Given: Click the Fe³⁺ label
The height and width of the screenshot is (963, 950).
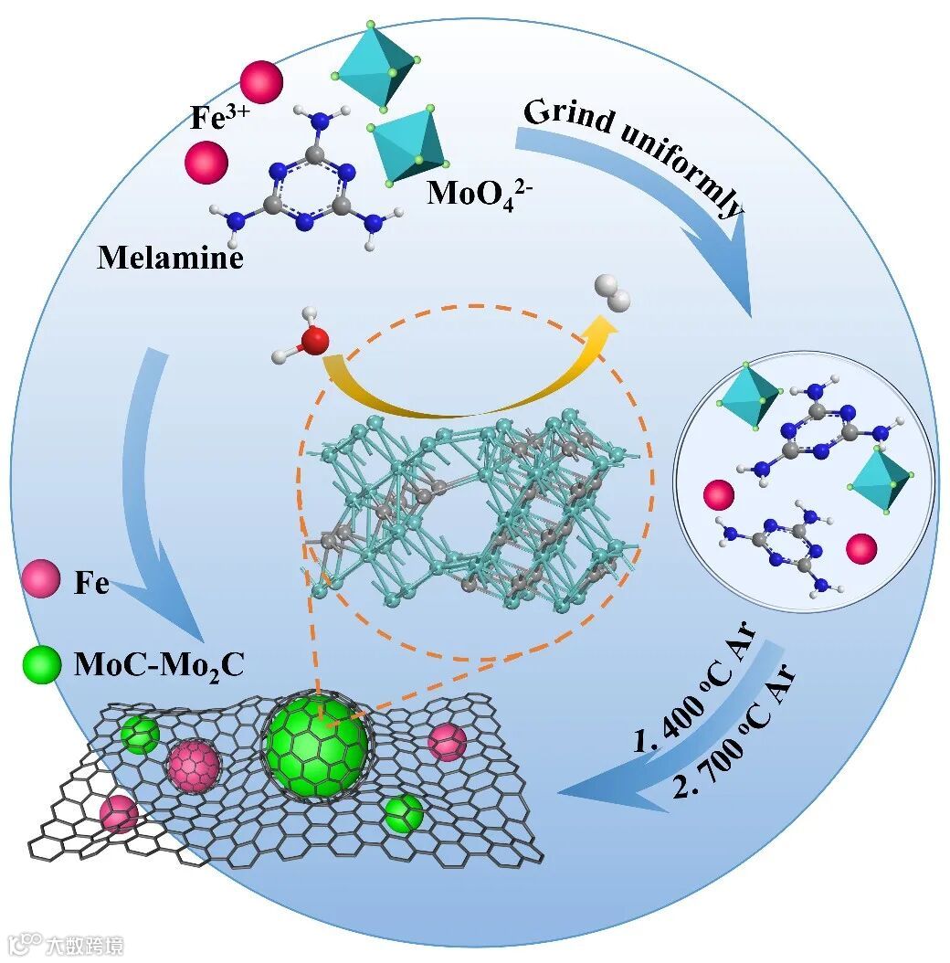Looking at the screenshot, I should tap(216, 119).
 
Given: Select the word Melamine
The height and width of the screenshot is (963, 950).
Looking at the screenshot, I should tap(171, 259).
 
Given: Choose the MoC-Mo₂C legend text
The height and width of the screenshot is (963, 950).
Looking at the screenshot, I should tap(158, 665).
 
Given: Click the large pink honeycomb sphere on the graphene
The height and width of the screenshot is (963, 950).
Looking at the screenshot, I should tap(193, 765).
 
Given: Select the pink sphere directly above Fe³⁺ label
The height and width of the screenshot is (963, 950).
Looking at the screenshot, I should tap(261, 80).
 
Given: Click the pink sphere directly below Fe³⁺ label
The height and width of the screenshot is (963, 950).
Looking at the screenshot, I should tap(206, 163).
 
